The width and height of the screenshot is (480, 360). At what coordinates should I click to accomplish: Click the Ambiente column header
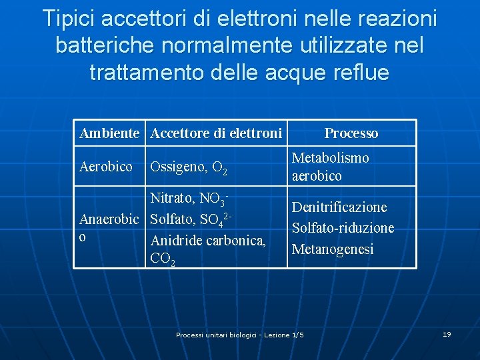pos(109,133)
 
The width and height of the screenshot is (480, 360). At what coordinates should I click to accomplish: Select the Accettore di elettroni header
pos(216,133)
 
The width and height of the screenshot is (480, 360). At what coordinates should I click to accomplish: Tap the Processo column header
pos(351,133)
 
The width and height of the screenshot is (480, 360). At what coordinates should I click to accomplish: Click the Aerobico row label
pos(106,167)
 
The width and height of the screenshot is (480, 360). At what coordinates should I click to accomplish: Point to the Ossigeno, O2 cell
pos(189,167)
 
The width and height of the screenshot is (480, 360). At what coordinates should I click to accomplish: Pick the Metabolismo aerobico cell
pos(330,167)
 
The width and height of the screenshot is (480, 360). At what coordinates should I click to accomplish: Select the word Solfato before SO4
pos(173,219)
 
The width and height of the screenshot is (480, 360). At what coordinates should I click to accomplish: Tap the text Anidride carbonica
pos(208,241)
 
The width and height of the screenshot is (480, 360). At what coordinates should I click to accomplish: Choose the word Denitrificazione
pos(339,207)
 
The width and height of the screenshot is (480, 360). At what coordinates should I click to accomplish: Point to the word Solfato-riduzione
pos(343,228)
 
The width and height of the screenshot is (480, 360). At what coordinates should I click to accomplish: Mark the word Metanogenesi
pos(333,249)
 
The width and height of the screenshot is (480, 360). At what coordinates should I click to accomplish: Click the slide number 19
pos(447,334)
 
